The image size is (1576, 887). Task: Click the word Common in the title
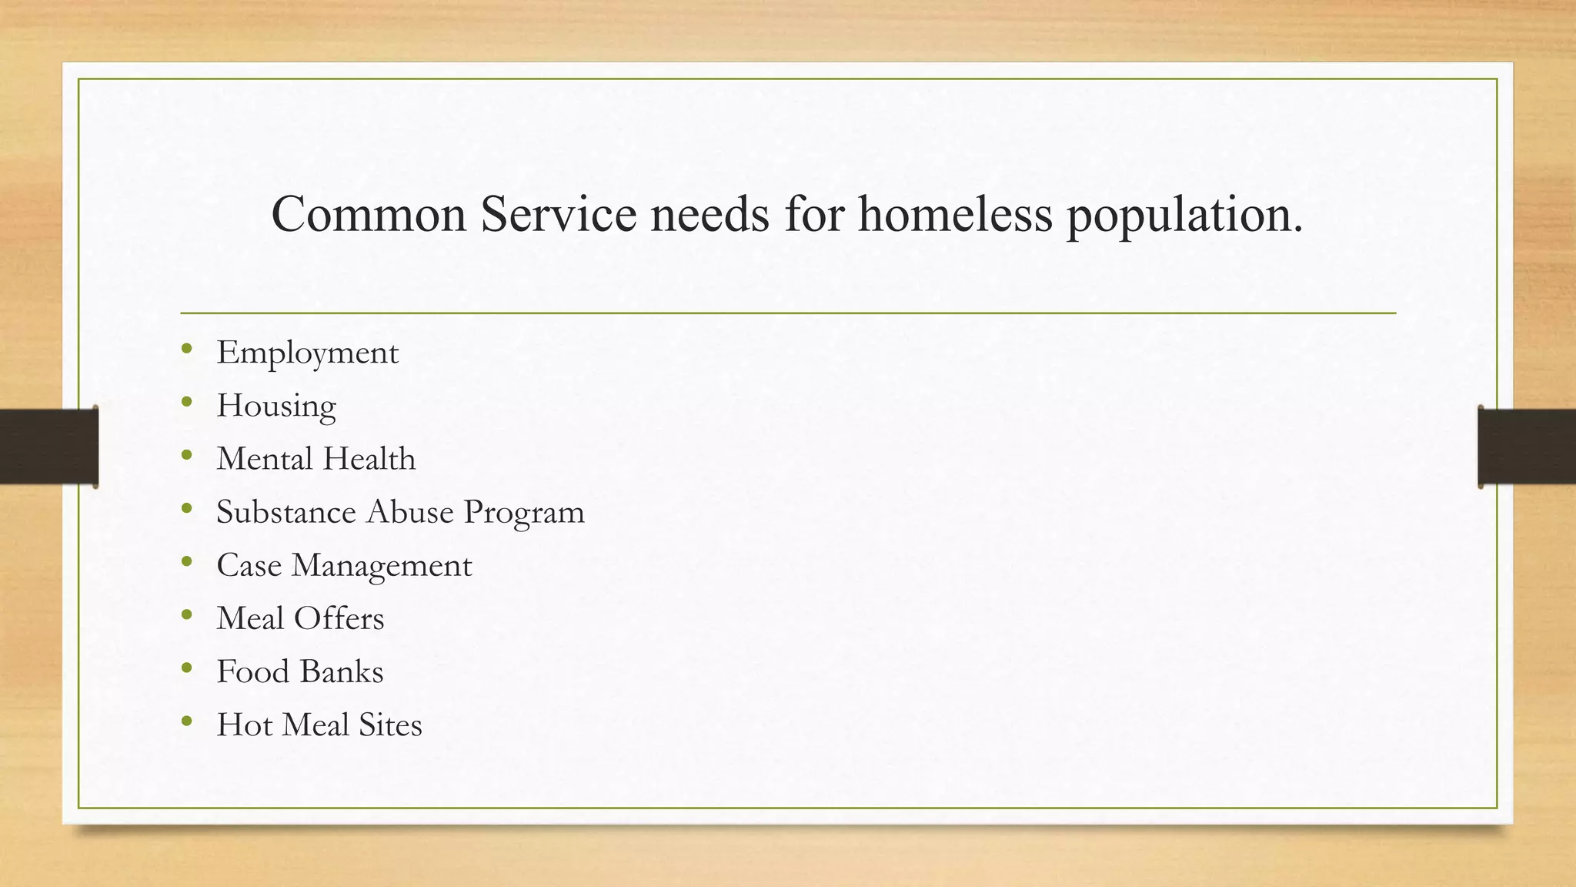pos(369,214)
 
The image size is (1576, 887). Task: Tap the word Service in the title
pos(559,214)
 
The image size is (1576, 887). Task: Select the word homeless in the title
pos(955,214)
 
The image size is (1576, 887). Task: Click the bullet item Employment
pos(307,353)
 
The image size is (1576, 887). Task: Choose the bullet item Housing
pos(276,407)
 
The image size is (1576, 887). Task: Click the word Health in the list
pos(369,459)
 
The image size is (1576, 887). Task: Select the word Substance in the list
pos(285,512)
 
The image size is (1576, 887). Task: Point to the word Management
pos(382,566)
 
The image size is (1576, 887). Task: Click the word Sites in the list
pos(390,725)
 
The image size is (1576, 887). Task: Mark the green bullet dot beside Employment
pos(187,350)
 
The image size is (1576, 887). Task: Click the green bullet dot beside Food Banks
pos(187,668)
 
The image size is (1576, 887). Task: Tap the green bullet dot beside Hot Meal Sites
pos(187,721)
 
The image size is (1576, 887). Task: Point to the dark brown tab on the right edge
pos(1527,447)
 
